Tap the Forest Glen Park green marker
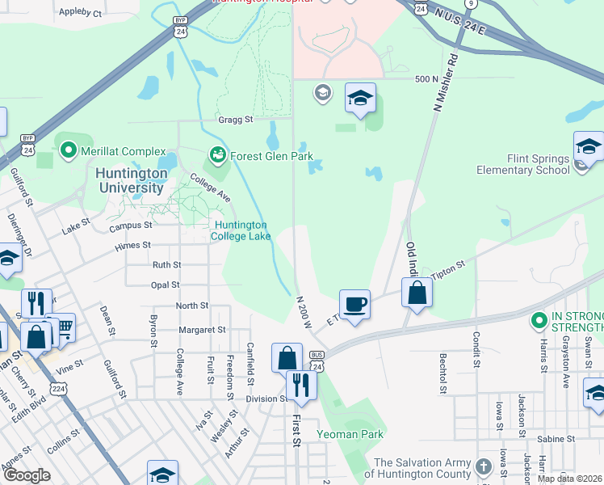216,154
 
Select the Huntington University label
129,180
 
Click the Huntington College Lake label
240,230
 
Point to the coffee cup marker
354,305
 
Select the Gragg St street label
236,120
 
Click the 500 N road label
425,78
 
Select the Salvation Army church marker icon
483,466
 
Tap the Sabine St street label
557,439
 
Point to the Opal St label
165,285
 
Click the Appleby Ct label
81,13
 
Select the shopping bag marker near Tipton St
417,292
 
